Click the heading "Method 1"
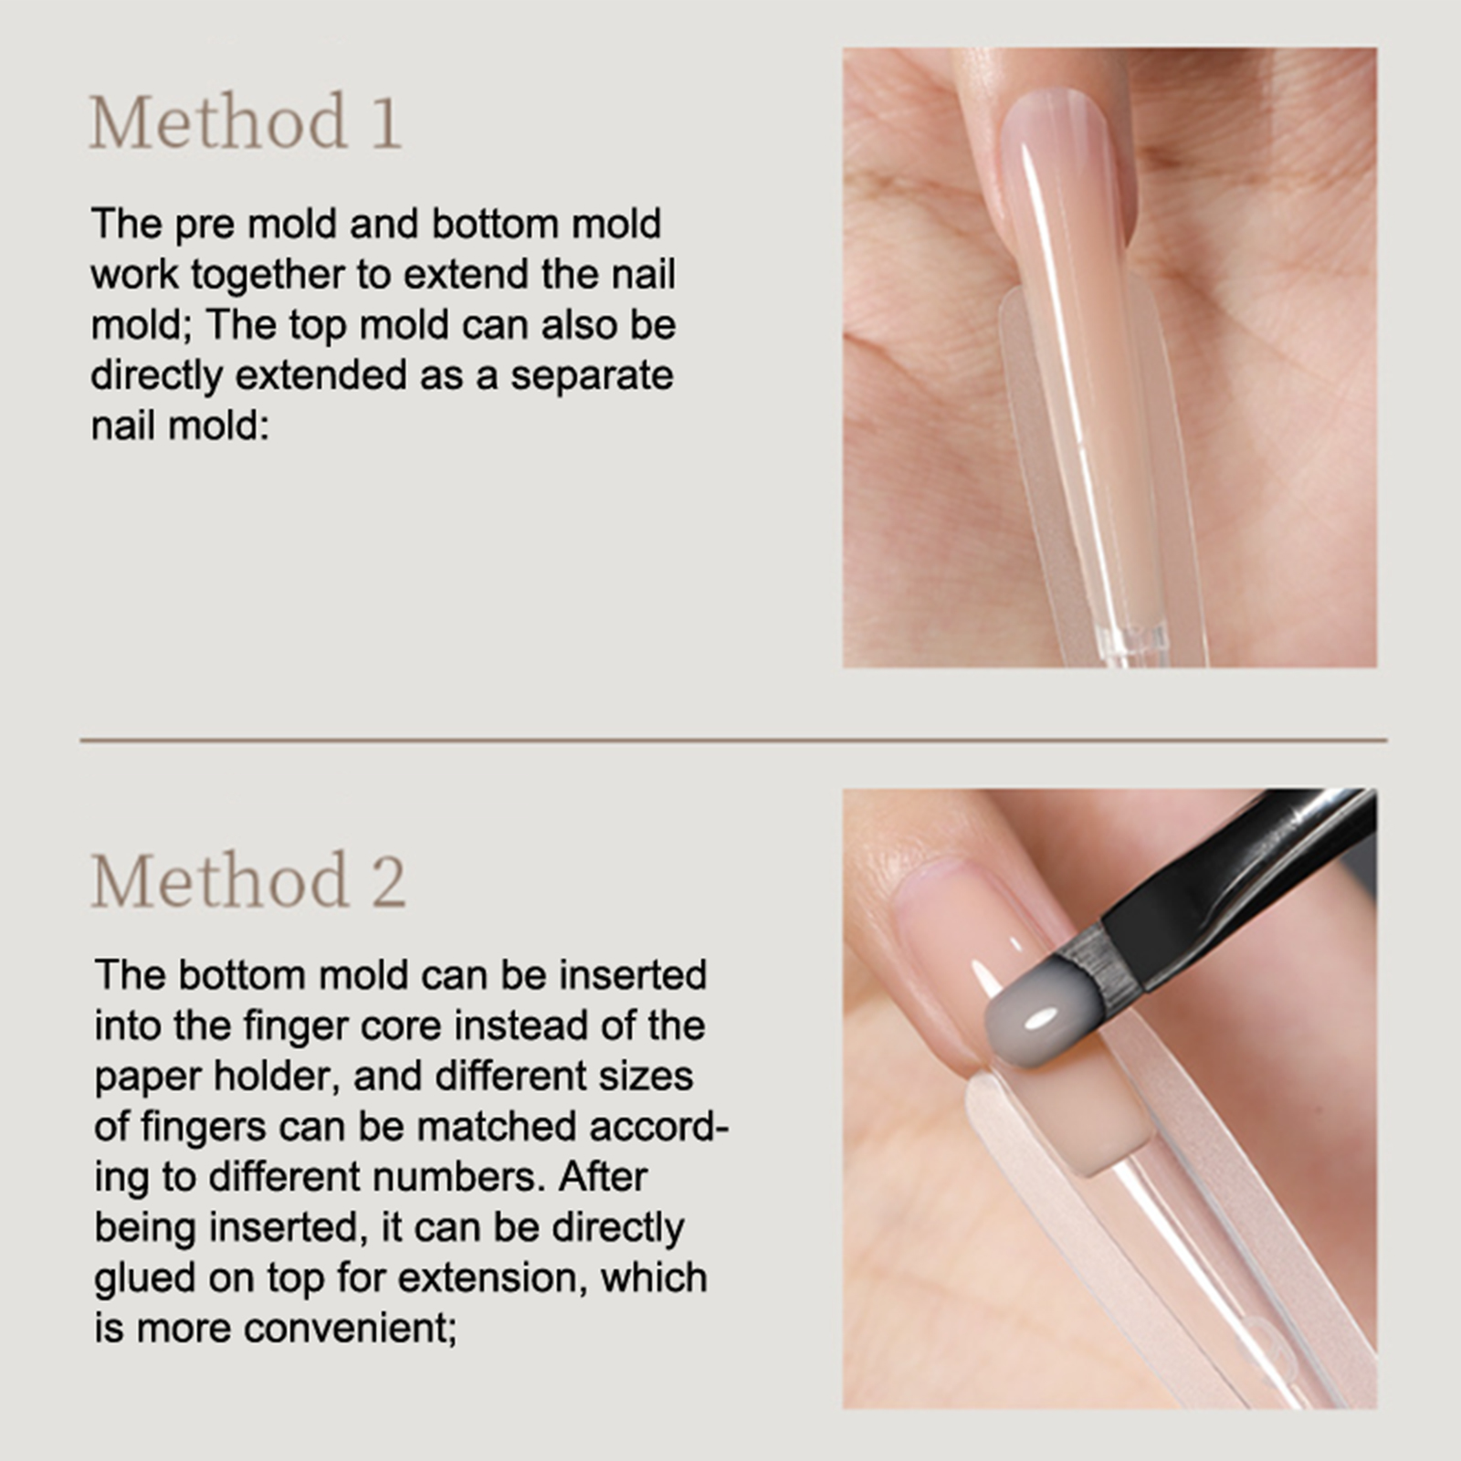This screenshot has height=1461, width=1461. [x=246, y=121]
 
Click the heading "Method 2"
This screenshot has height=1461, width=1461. [x=247, y=880]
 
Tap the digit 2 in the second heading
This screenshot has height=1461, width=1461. [x=388, y=880]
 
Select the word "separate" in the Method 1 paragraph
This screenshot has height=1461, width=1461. [x=592, y=376]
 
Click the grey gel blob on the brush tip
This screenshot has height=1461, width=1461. [x=1035, y=1014]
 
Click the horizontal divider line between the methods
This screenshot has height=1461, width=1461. [x=733, y=740]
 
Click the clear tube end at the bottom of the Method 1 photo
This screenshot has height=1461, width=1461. [x=1132, y=644]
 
